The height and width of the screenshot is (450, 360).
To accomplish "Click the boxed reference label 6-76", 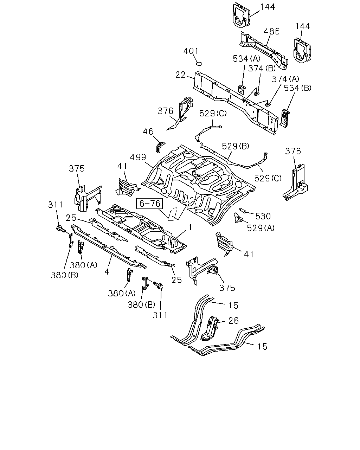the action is (149, 204).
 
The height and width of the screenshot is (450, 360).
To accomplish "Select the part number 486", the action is (271, 31).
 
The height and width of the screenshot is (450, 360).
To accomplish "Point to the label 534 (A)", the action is (247, 59).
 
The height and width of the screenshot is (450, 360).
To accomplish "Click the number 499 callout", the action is (138, 157).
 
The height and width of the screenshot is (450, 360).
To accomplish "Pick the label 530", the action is (263, 216).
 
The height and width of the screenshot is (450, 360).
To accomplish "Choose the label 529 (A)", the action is (261, 228).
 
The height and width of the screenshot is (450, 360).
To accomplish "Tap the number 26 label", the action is (233, 320).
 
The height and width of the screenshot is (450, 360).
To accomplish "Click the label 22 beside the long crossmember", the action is (180, 75).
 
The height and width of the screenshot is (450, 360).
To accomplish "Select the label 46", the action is (148, 131).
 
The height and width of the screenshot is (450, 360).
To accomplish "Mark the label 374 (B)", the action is (262, 68).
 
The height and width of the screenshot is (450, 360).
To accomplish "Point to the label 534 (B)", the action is (297, 88).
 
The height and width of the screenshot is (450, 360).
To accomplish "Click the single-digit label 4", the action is (107, 272).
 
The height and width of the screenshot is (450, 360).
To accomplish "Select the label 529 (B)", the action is (236, 146).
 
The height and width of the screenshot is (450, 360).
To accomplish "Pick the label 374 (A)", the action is (285, 79).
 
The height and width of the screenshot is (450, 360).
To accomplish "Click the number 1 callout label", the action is (190, 227).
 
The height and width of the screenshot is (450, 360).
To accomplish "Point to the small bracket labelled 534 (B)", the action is (285, 118).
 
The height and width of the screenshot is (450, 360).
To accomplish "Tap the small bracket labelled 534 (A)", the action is (242, 89).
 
